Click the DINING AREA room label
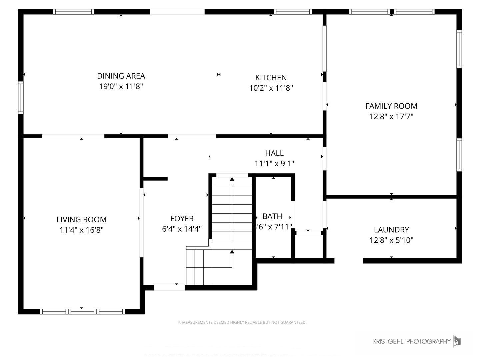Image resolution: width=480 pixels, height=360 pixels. click(x=121, y=76)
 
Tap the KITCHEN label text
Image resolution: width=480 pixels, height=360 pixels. click(x=271, y=78)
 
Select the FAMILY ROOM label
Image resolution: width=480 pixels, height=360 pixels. click(x=391, y=106)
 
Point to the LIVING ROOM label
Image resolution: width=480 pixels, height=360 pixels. click(x=81, y=220)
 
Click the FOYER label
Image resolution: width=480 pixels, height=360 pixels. click(x=182, y=219)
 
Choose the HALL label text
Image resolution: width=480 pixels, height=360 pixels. click(x=274, y=153)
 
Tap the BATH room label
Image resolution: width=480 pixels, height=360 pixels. click(x=272, y=216)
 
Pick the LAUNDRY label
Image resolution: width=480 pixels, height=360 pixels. click(x=391, y=230)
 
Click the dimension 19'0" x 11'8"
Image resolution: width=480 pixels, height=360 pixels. click(x=121, y=87)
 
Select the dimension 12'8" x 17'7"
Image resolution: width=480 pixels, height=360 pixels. click(x=391, y=117)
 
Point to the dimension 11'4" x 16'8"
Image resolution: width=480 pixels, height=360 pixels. click(x=81, y=230)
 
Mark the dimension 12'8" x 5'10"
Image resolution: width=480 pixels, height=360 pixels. click(x=391, y=240)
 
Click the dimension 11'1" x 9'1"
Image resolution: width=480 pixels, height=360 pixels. click(x=274, y=164)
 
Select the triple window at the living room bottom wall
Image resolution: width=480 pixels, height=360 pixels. click(x=82, y=312)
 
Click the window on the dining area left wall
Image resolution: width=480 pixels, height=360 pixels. click(x=21, y=98)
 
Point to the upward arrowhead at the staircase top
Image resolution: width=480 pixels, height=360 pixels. click(x=232, y=179)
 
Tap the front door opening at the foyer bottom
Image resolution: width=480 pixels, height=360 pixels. click(x=169, y=287)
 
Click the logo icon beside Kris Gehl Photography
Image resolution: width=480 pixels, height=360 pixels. click(x=457, y=341)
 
